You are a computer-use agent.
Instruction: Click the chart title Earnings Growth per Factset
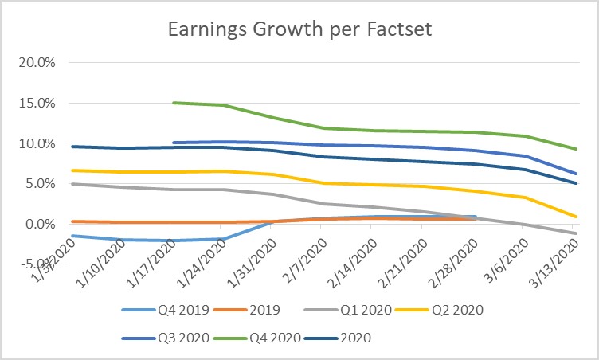point(299,30)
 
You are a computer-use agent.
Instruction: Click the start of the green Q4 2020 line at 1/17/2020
point(173,103)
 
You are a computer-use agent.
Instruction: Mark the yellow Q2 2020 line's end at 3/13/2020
point(576,216)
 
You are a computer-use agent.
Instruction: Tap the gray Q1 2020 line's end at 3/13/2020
point(576,233)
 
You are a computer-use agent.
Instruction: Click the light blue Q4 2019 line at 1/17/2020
point(173,241)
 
